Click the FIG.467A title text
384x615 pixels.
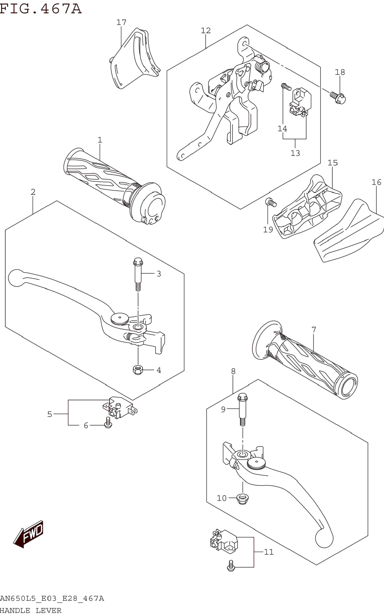pos(41,8)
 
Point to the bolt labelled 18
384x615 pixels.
pos(338,98)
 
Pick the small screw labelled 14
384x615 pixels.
pos(286,87)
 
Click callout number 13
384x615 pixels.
pos(295,153)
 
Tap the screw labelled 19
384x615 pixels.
pos(271,202)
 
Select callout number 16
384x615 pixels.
pos(376,182)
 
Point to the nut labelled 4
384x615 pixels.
pos(138,370)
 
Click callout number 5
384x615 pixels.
pos(50,414)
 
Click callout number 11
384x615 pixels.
pos(269,552)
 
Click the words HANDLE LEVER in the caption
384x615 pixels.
pos(30,611)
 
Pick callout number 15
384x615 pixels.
pos(333,163)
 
